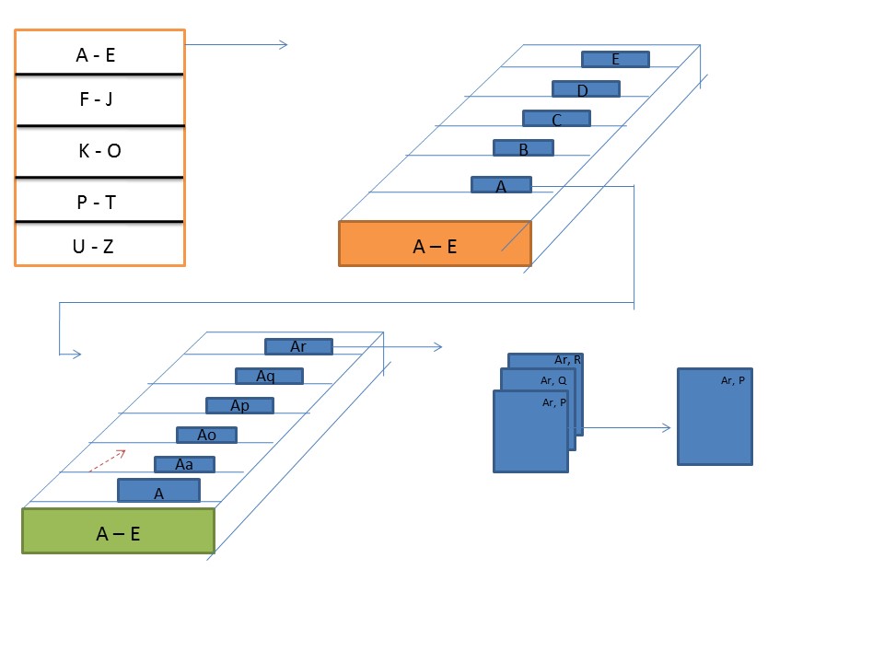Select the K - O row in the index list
[x=99, y=151]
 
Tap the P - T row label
[x=96, y=202]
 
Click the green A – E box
[x=118, y=531]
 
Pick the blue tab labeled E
[x=615, y=60]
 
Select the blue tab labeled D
[x=586, y=89]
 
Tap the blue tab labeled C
[x=556, y=119]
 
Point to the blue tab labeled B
[x=523, y=148]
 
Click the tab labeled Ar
[x=298, y=347]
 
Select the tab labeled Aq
[x=269, y=377]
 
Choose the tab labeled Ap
[x=239, y=406]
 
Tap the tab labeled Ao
[x=207, y=435]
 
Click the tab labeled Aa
[x=184, y=465]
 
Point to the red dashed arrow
[x=107, y=460]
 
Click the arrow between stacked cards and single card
[x=626, y=428]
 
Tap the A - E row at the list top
[x=96, y=54]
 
